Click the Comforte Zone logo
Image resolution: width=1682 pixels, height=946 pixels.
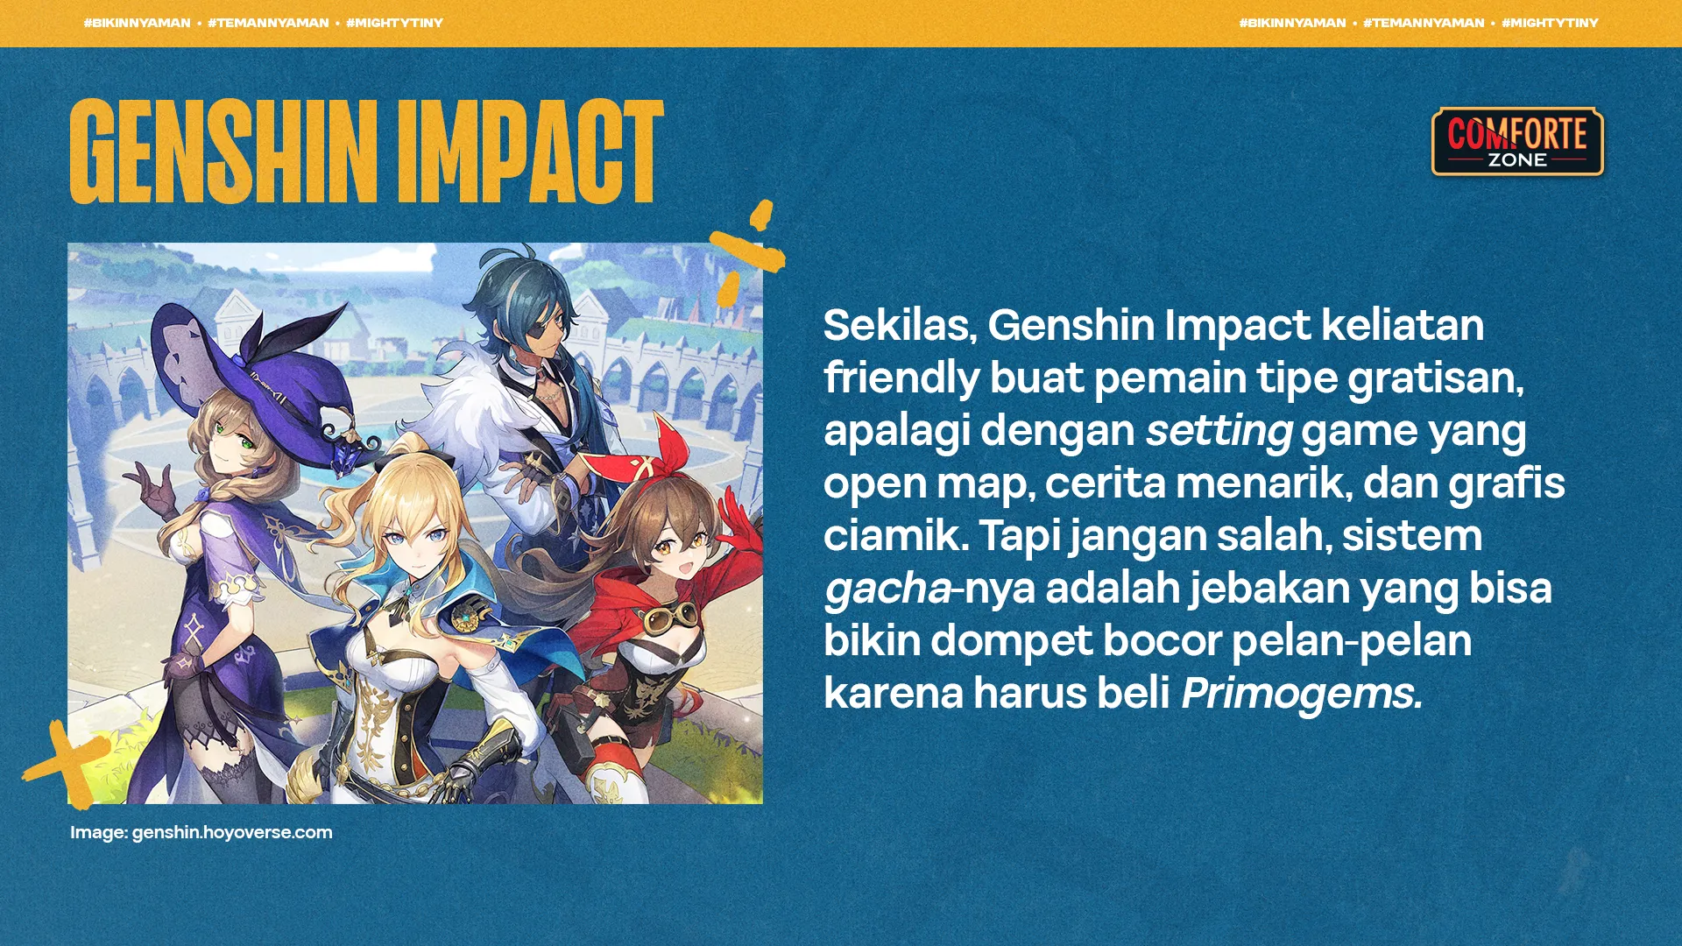coord(1517,142)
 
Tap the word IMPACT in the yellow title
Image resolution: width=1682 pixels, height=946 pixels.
coord(530,151)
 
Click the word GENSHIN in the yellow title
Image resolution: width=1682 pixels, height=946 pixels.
coord(223,151)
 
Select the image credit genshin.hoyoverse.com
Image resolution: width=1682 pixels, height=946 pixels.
coord(232,832)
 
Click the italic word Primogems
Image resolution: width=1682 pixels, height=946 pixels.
coord(1302,694)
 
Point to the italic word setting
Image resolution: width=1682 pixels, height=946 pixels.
coord(1219,431)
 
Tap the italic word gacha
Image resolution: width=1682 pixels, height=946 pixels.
coord(887,589)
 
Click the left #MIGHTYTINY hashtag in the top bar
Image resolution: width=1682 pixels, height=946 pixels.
coord(394,23)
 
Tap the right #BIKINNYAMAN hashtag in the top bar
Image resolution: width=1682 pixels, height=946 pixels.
coord(1292,23)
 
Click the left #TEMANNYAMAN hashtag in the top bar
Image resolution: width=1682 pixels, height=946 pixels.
coord(268,23)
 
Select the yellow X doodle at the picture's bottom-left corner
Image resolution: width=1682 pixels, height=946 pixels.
coord(67,764)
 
